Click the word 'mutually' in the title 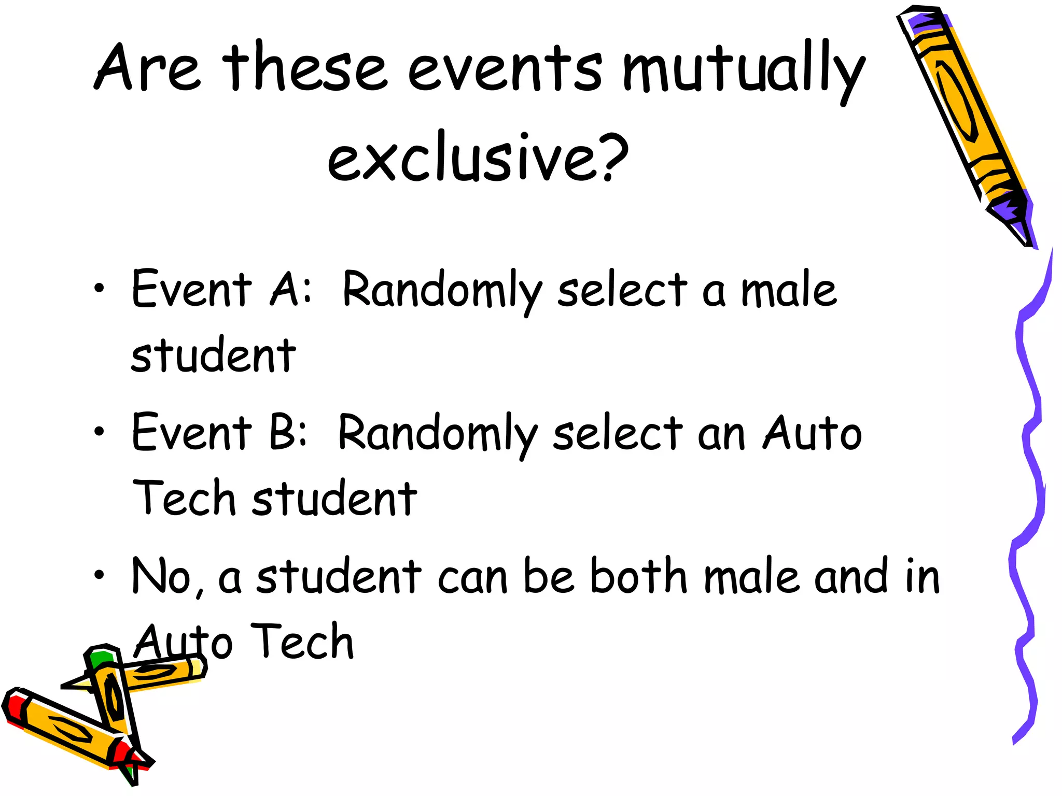pyautogui.click(x=744, y=70)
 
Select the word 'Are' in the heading pyautogui.click(x=147, y=68)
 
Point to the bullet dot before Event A pyautogui.click(x=99, y=289)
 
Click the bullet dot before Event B pyautogui.click(x=99, y=431)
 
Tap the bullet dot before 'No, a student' pyautogui.click(x=99, y=574)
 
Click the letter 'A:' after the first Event pyautogui.click(x=291, y=289)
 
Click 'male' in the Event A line pyautogui.click(x=788, y=290)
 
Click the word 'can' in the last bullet pyautogui.click(x=472, y=578)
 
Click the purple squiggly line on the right pyautogui.click(x=1029, y=466)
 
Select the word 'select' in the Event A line pyautogui.click(x=622, y=290)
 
